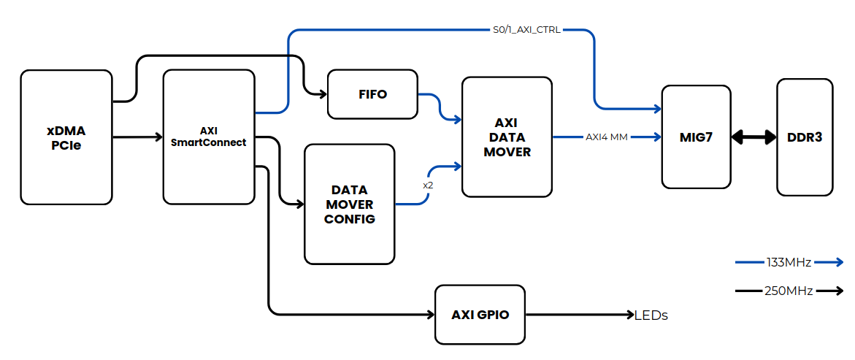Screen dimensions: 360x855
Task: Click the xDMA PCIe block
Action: coord(66,137)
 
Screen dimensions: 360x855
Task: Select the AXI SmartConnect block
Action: coord(208,137)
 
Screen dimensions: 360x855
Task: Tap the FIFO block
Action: coord(372,94)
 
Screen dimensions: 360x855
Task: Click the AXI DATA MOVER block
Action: coord(507,137)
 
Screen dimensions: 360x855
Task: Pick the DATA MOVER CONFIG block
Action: coord(349,204)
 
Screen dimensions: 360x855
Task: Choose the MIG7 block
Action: coord(696,137)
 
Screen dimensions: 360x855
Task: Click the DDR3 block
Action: coord(805,137)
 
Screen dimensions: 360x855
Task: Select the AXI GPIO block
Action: coord(480,315)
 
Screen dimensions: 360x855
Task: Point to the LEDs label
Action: coord(651,315)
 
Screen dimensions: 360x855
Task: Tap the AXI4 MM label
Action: coord(606,137)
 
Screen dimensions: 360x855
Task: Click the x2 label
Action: coord(428,185)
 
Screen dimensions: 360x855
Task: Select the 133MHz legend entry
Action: coord(789,262)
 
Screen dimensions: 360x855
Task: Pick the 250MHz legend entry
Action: coord(789,291)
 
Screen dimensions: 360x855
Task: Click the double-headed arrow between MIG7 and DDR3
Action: coord(754,137)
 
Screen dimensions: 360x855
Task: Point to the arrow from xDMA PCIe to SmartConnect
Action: coord(137,137)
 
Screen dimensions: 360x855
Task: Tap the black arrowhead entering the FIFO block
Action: coord(322,93)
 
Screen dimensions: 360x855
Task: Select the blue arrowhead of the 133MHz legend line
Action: coord(838,262)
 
